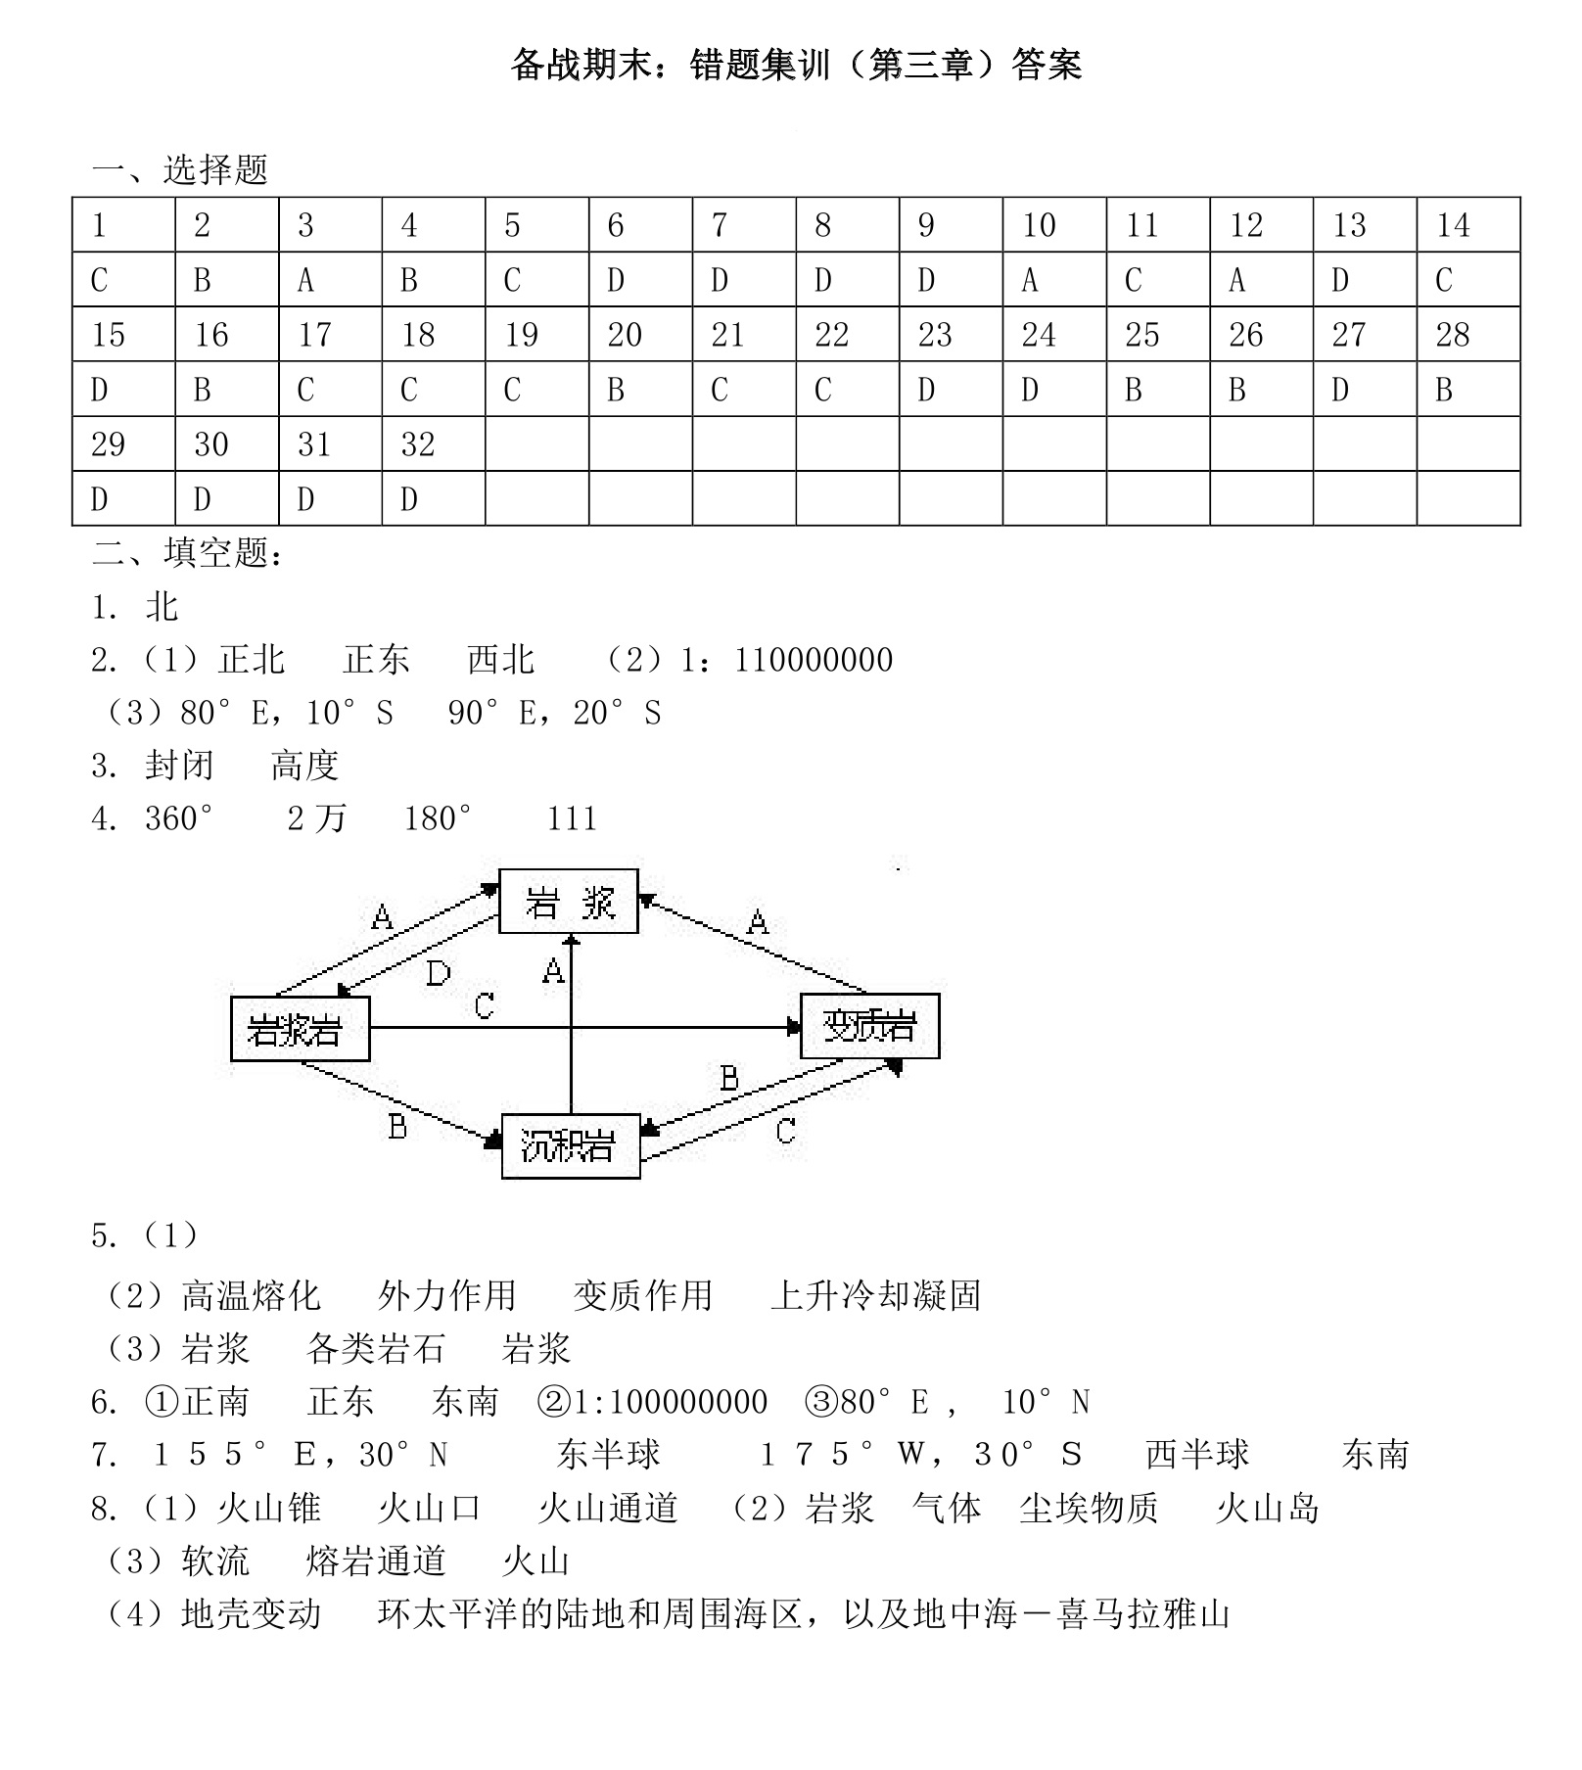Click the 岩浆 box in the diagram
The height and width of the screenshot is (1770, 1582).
[569, 902]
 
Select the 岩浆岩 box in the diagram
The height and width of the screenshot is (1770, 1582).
[300, 1029]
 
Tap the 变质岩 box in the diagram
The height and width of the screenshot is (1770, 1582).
[869, 1026]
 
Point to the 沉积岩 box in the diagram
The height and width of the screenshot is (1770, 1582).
[570, 1146]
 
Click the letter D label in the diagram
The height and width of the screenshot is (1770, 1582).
[438, 973]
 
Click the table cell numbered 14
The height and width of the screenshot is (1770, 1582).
[1467, 225]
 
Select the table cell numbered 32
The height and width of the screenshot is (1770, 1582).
[433, 444]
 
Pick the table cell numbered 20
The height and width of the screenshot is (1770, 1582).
[640, 335]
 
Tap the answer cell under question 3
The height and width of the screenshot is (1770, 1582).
[330, 280]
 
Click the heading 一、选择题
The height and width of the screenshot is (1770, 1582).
[180, 169]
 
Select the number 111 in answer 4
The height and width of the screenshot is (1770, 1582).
[572, 818]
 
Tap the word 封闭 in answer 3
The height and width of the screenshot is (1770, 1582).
[179, 766]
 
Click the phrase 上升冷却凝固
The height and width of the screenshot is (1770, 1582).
[875, 1296]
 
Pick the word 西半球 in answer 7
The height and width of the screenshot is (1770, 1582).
[1197, 1455]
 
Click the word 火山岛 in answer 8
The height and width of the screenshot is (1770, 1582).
[1267, 1508]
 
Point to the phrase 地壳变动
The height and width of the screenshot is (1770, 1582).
[251, 1613]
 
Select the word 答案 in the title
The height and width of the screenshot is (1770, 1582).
[1047, 66]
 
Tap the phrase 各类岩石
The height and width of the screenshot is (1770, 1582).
[375, 1349]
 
